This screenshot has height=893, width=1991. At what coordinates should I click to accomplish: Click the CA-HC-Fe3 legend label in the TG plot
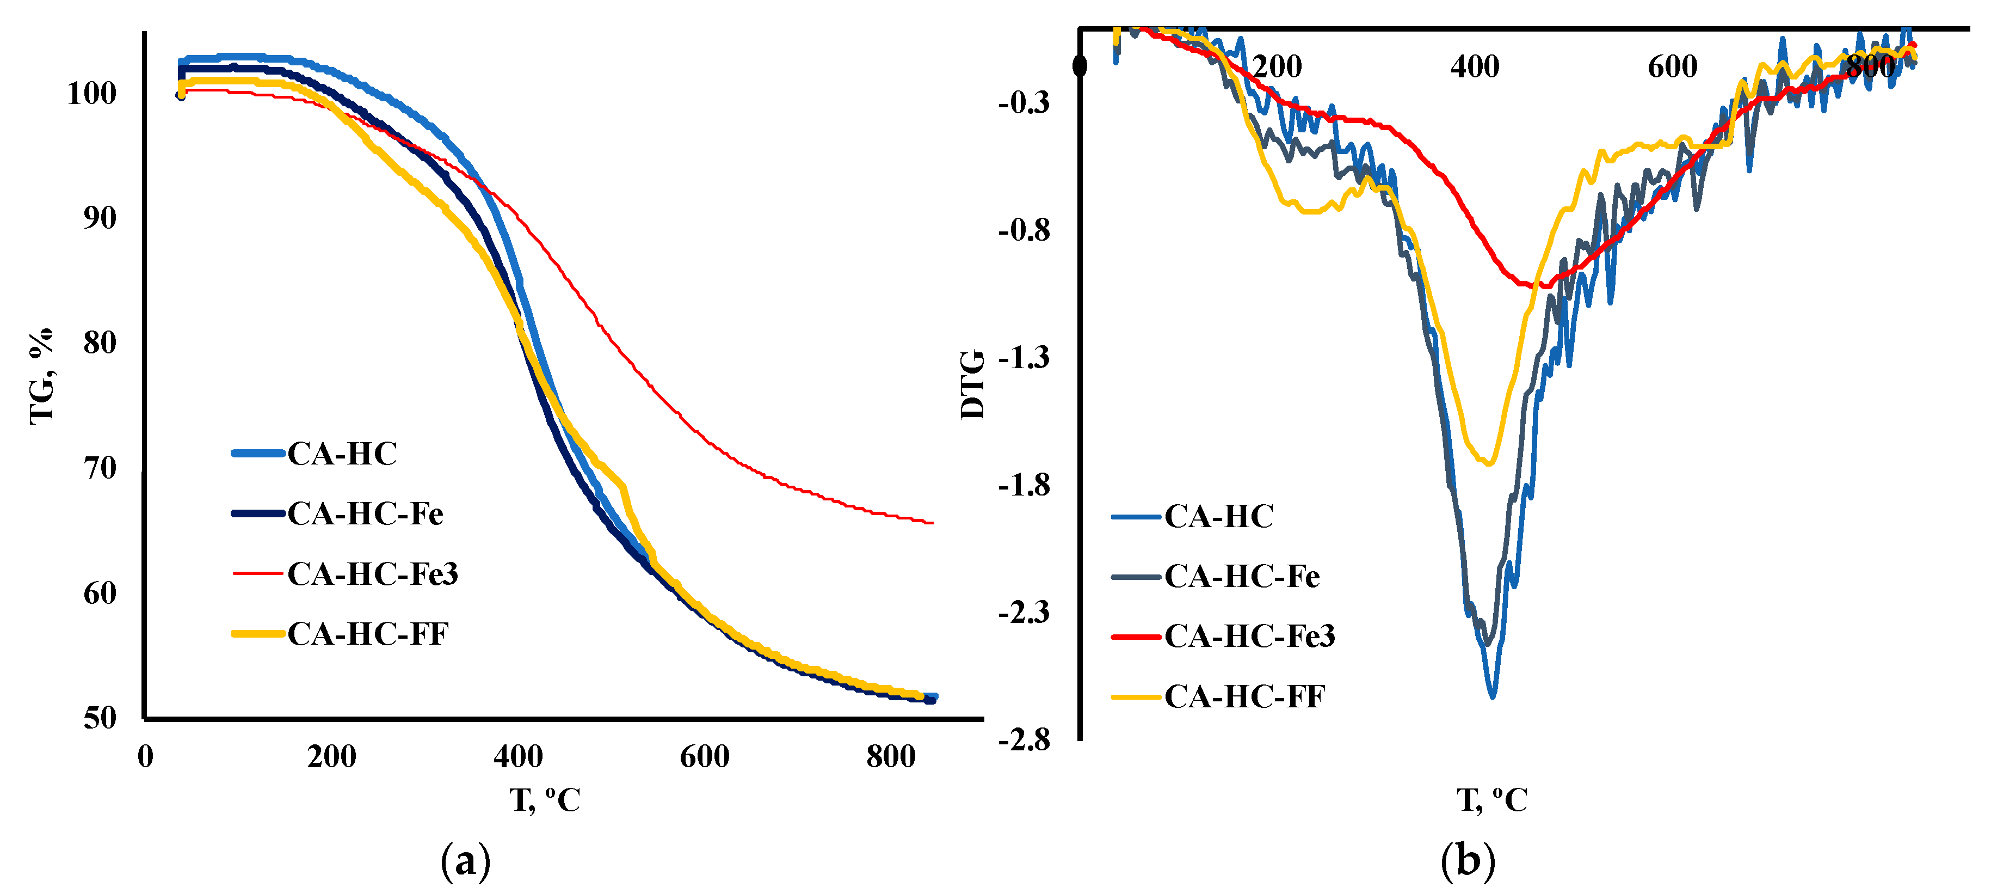click(373, 574)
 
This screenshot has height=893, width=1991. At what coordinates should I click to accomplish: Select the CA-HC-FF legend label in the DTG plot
click(1244, 696)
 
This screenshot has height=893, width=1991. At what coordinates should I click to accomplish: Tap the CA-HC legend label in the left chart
click(342, 454)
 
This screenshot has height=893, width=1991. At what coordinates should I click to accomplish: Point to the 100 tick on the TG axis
click(92, 94)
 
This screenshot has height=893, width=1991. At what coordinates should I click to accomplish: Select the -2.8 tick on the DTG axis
click(1024, 740)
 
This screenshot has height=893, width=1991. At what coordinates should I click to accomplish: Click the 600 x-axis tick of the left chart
click(704, 756)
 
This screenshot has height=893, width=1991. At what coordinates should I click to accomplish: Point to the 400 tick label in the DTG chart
click(1475, 66)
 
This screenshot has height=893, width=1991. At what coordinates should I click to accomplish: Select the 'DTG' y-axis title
click(972, 385)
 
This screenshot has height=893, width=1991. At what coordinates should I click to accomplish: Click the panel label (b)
click(1468, 860)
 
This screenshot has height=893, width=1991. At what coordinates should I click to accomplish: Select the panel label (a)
click(465, 860)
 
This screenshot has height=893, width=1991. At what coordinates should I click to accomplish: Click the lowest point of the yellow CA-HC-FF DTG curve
click(1489, 463)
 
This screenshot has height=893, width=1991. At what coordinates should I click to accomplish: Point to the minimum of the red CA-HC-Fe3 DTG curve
click(1545, 286)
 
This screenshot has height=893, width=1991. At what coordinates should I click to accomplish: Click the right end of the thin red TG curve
click(932, 523)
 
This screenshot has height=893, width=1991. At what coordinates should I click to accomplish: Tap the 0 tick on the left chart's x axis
click(145, 756)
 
